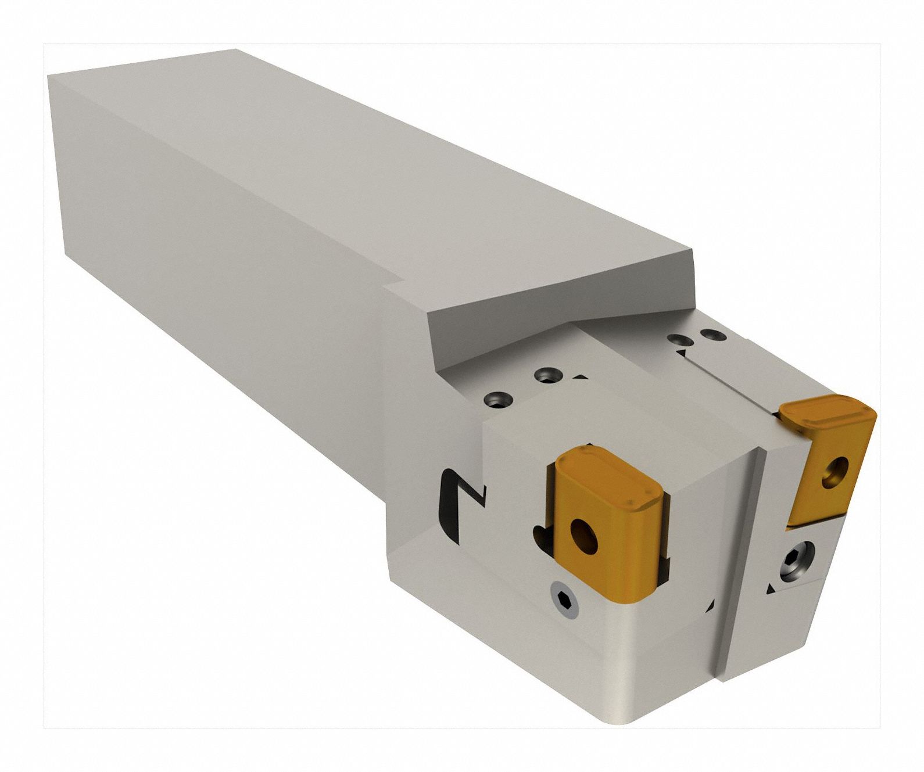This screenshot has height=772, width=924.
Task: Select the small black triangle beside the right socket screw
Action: pyautogui.click(x=770, y=590)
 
